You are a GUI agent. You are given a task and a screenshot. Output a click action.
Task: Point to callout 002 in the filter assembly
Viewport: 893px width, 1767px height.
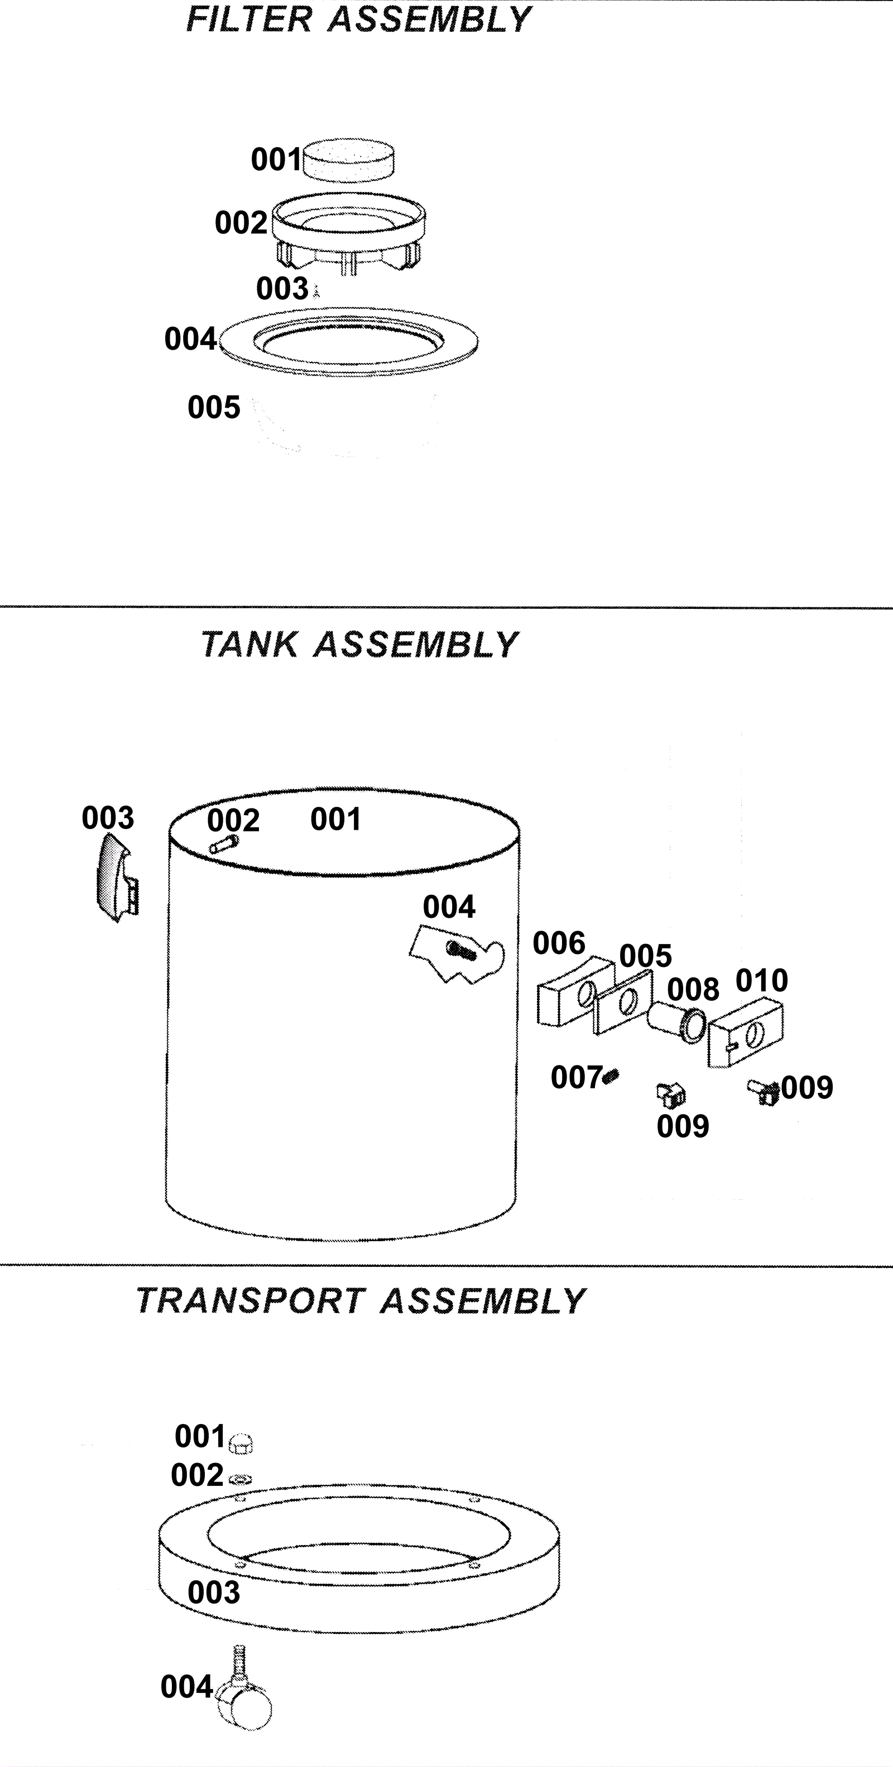(x=240, y=223)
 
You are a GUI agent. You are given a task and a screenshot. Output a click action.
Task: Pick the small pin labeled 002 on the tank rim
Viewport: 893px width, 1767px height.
(x=224, y=844)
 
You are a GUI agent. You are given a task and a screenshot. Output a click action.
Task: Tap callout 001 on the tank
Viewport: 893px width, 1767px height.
(x=335, y=819)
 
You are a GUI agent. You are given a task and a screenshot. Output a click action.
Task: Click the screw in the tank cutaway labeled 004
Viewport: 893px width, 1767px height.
(x=460, y=950)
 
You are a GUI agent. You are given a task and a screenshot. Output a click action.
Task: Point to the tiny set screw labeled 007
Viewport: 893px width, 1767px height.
(x=612, y=1076)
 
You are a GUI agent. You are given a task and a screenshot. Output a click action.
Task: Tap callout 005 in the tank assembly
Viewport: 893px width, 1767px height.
(x=645, y=956)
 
